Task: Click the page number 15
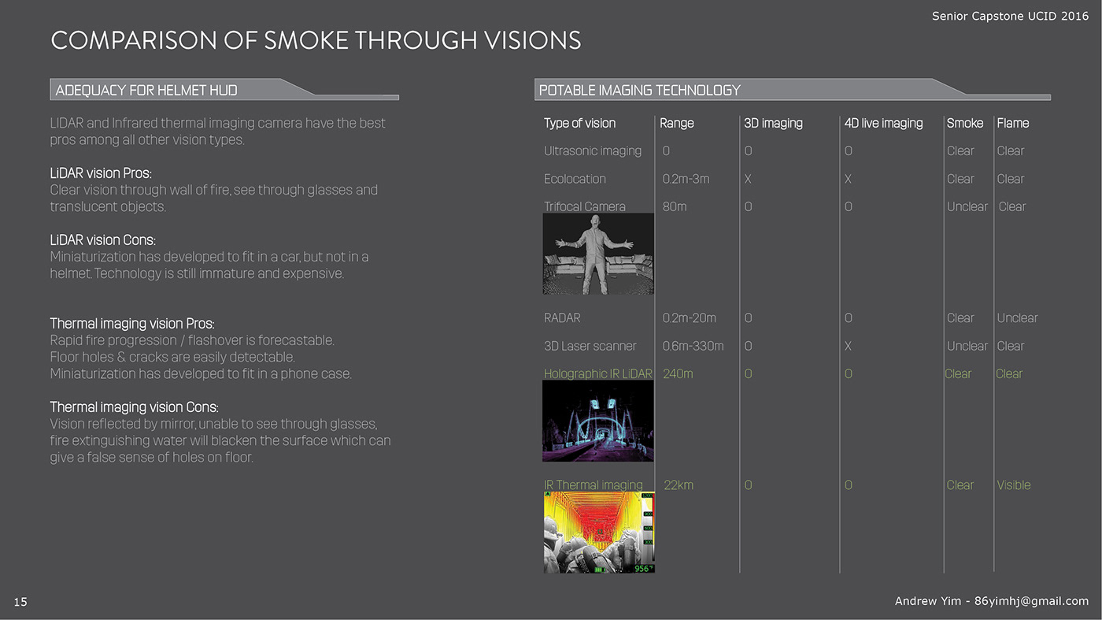click(x=20, y=602)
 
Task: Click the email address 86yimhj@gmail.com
click(x=1031, y=601)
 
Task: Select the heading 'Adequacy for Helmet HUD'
click(x=146, y=90)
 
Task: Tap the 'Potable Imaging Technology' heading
click(x=639, y=90)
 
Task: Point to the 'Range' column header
click(x=676, y=123)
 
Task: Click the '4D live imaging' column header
click(x=883, y=123)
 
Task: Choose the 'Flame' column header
click(x=1012, y=123)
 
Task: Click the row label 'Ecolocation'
click(x=575, y=179)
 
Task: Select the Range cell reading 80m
click(x=674, y=207)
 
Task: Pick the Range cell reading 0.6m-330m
click(x=693, y=346)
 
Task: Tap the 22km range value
click(x=679, y=485)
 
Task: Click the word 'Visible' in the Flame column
click(x=1014, y=485)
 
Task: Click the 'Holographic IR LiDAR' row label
click(x=597, y=373)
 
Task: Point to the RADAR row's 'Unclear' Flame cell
click(x=1017, y=318)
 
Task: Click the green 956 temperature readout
click(x=642, y=569)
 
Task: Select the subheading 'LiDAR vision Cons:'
click(x=102, y=240)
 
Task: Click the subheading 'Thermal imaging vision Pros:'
click(x=132, y=324)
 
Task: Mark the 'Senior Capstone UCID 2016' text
click(x=1010, y=17)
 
